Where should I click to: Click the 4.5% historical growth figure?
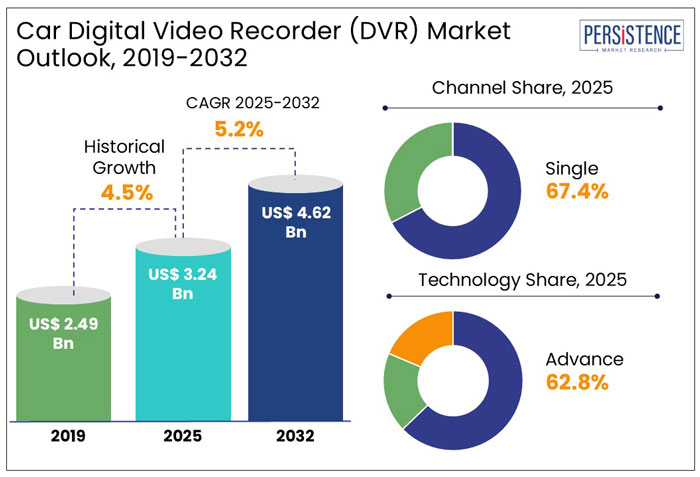coord(126,192)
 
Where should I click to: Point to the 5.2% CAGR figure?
coord(239,129)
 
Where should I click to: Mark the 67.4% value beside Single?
coord(577,191)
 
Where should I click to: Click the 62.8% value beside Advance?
coord(577,381)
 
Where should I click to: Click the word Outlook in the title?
coord(60,58)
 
